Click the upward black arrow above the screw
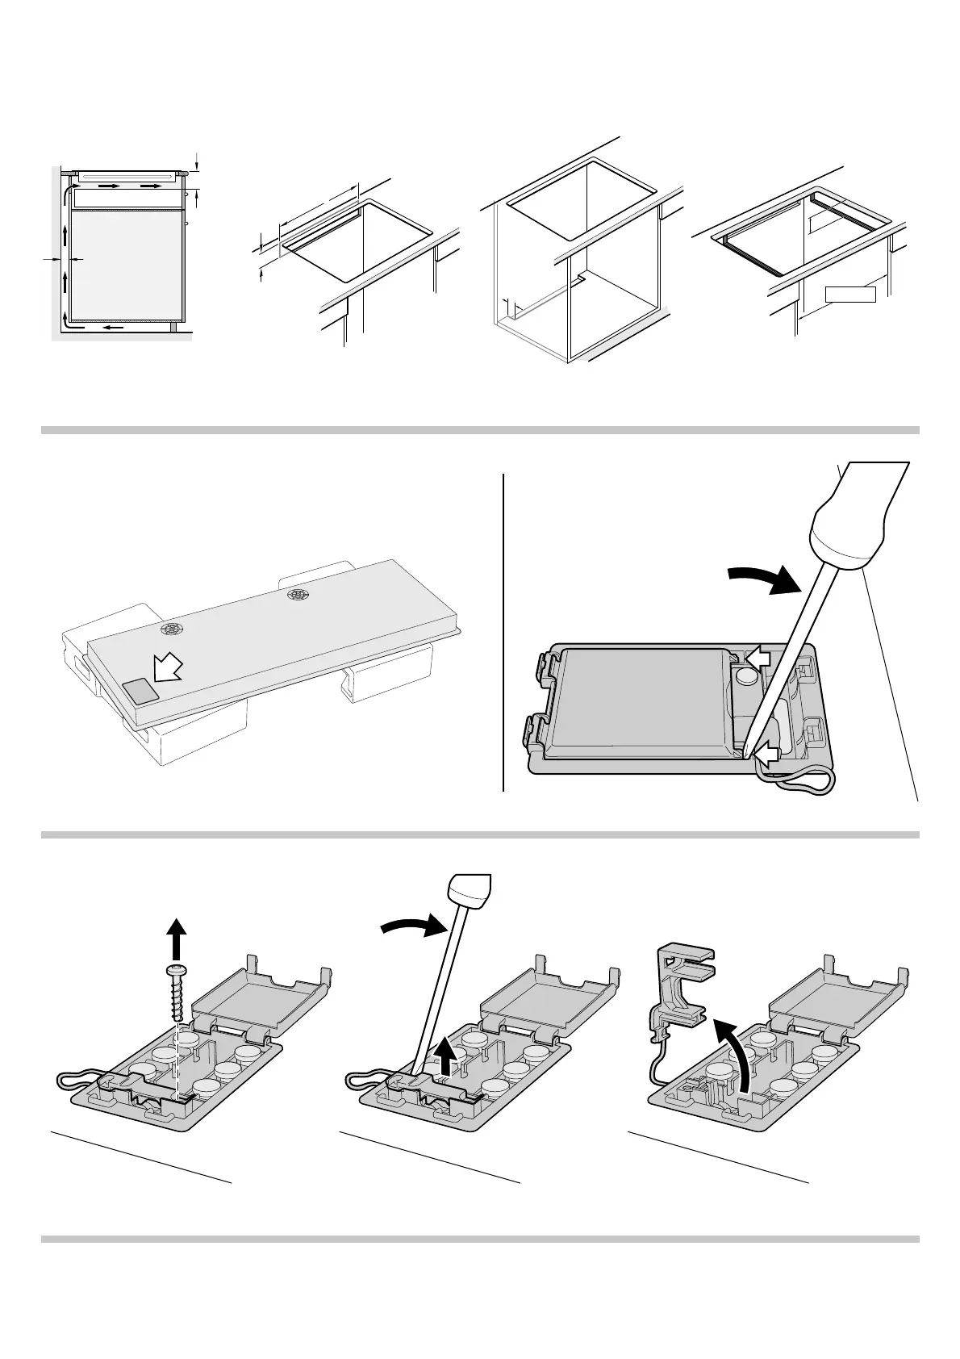(x=177, y=938)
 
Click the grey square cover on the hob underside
(x=140, y=688)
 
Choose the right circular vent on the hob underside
(x=298, y=596)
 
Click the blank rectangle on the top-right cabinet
(x=849, y=294)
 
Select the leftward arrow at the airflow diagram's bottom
(x=113, y=328)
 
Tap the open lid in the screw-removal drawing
(x=258, y=1001)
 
